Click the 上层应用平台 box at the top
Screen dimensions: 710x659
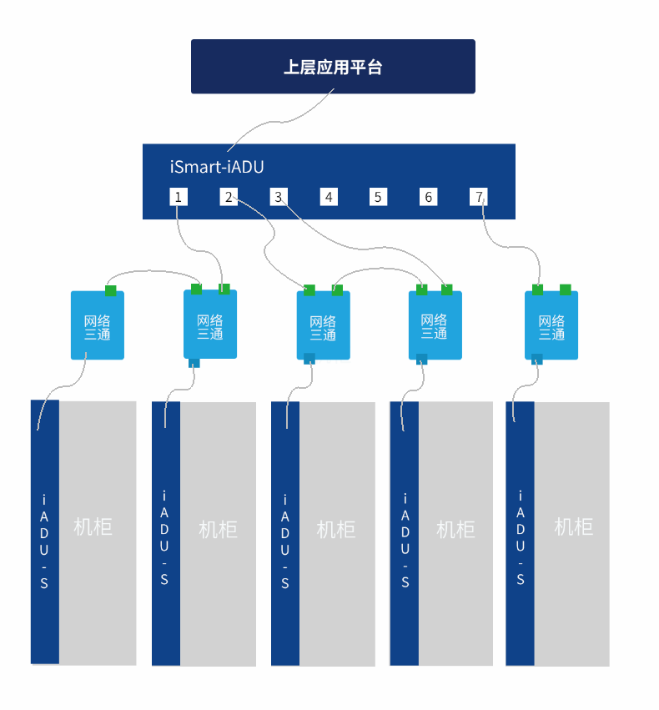(333, 67)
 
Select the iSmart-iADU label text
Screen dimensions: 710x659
(217, 167)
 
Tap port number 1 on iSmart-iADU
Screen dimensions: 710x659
(178, 197)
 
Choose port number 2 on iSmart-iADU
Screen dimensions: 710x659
(229, 197)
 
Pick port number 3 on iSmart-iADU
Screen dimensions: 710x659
(279, 197)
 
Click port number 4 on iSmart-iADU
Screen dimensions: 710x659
(329, 197)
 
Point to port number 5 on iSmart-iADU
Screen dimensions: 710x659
(378, 197)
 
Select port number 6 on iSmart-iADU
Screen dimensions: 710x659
(428, 197)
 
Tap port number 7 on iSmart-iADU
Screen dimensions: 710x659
(479, 197)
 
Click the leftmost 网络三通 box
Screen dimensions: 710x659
(97, 325)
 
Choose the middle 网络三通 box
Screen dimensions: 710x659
(323, 326)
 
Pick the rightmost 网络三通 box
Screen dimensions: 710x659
(551, 325)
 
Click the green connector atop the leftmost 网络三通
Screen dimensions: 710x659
(110, 290)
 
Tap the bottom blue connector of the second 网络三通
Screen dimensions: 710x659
(194, 363)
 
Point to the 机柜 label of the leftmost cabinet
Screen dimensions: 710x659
(93, 526)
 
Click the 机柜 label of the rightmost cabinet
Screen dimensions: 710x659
(574, 526)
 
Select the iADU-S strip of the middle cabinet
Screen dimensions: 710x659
(285, 534)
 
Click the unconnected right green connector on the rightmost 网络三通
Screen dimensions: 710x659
(565, 290)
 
